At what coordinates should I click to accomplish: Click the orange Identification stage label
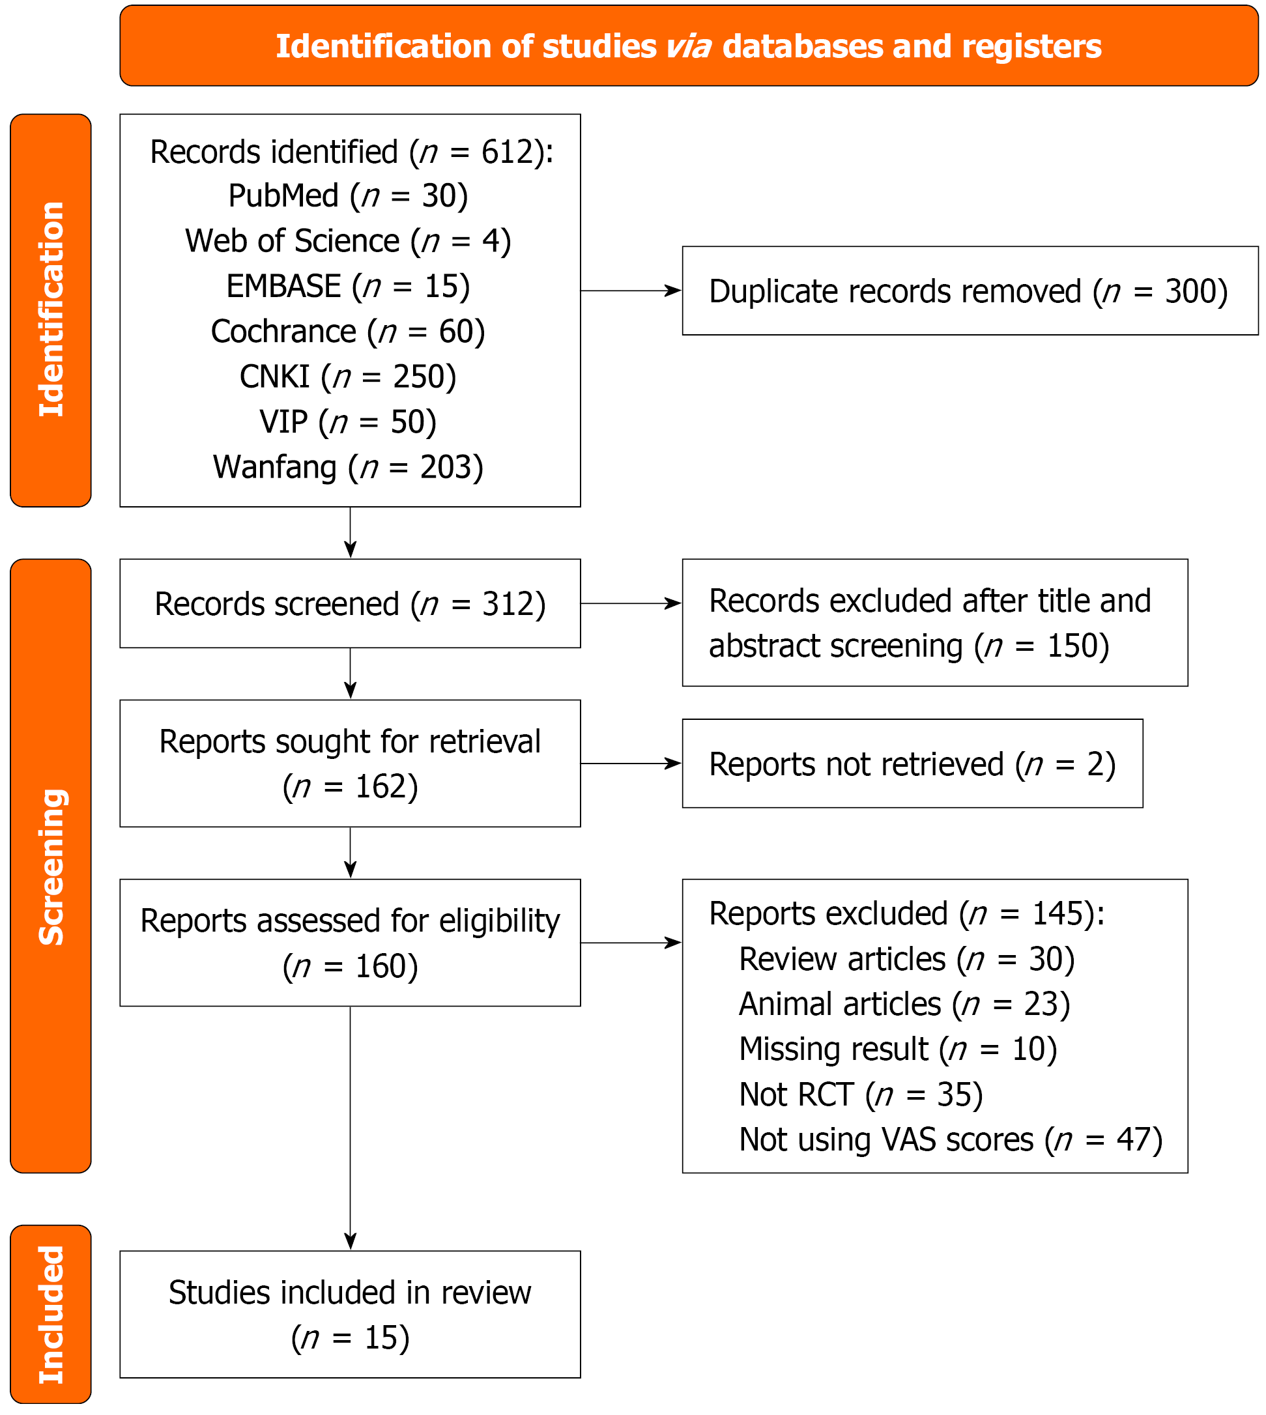click(x=51, y=310)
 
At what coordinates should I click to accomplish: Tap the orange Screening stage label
click(x=51, y=866)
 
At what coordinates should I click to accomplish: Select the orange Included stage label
click(x=51, y=1314)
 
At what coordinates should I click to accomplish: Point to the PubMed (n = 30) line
click(x=348, y=196)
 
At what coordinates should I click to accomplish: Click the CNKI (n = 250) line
click(x=348, y=377)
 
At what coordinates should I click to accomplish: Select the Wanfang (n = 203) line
click(x=348, y=467)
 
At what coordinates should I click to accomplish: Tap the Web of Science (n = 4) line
click(x=348, y=241)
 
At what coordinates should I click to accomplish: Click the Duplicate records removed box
click(x=969, y=291)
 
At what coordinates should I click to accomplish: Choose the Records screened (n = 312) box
click(x=350, y=603)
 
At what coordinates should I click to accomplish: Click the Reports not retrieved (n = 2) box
click(x=912, y=764)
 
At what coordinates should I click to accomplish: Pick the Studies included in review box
click(x=350, y=1314)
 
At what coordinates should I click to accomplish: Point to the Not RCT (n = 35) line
click(x=861, y=1094)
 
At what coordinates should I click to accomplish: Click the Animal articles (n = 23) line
click(x=904, y=1004)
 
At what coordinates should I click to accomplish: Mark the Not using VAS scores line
click(x=950, y=1139)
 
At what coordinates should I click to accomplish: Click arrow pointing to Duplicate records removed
click(x=630, y=291)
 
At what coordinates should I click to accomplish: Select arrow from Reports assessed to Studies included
click(x=350, y=1126)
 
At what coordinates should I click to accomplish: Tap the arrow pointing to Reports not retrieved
click(x=630, y=764)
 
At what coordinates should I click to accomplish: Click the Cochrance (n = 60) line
click(x=348, y=332)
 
